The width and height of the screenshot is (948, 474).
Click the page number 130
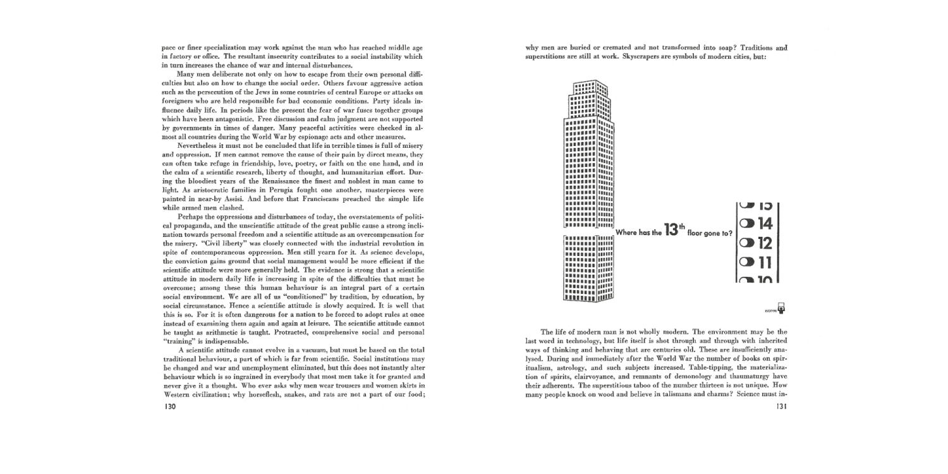[169, 406]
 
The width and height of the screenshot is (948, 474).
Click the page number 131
[781, 406]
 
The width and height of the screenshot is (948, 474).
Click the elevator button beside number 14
[747, 223]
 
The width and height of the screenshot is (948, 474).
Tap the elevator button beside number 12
[747, 243]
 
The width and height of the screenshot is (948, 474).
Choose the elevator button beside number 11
[747, 262]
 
